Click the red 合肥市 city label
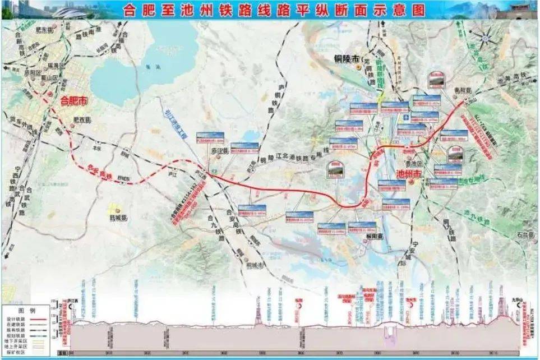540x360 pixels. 74,101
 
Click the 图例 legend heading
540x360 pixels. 27,310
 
